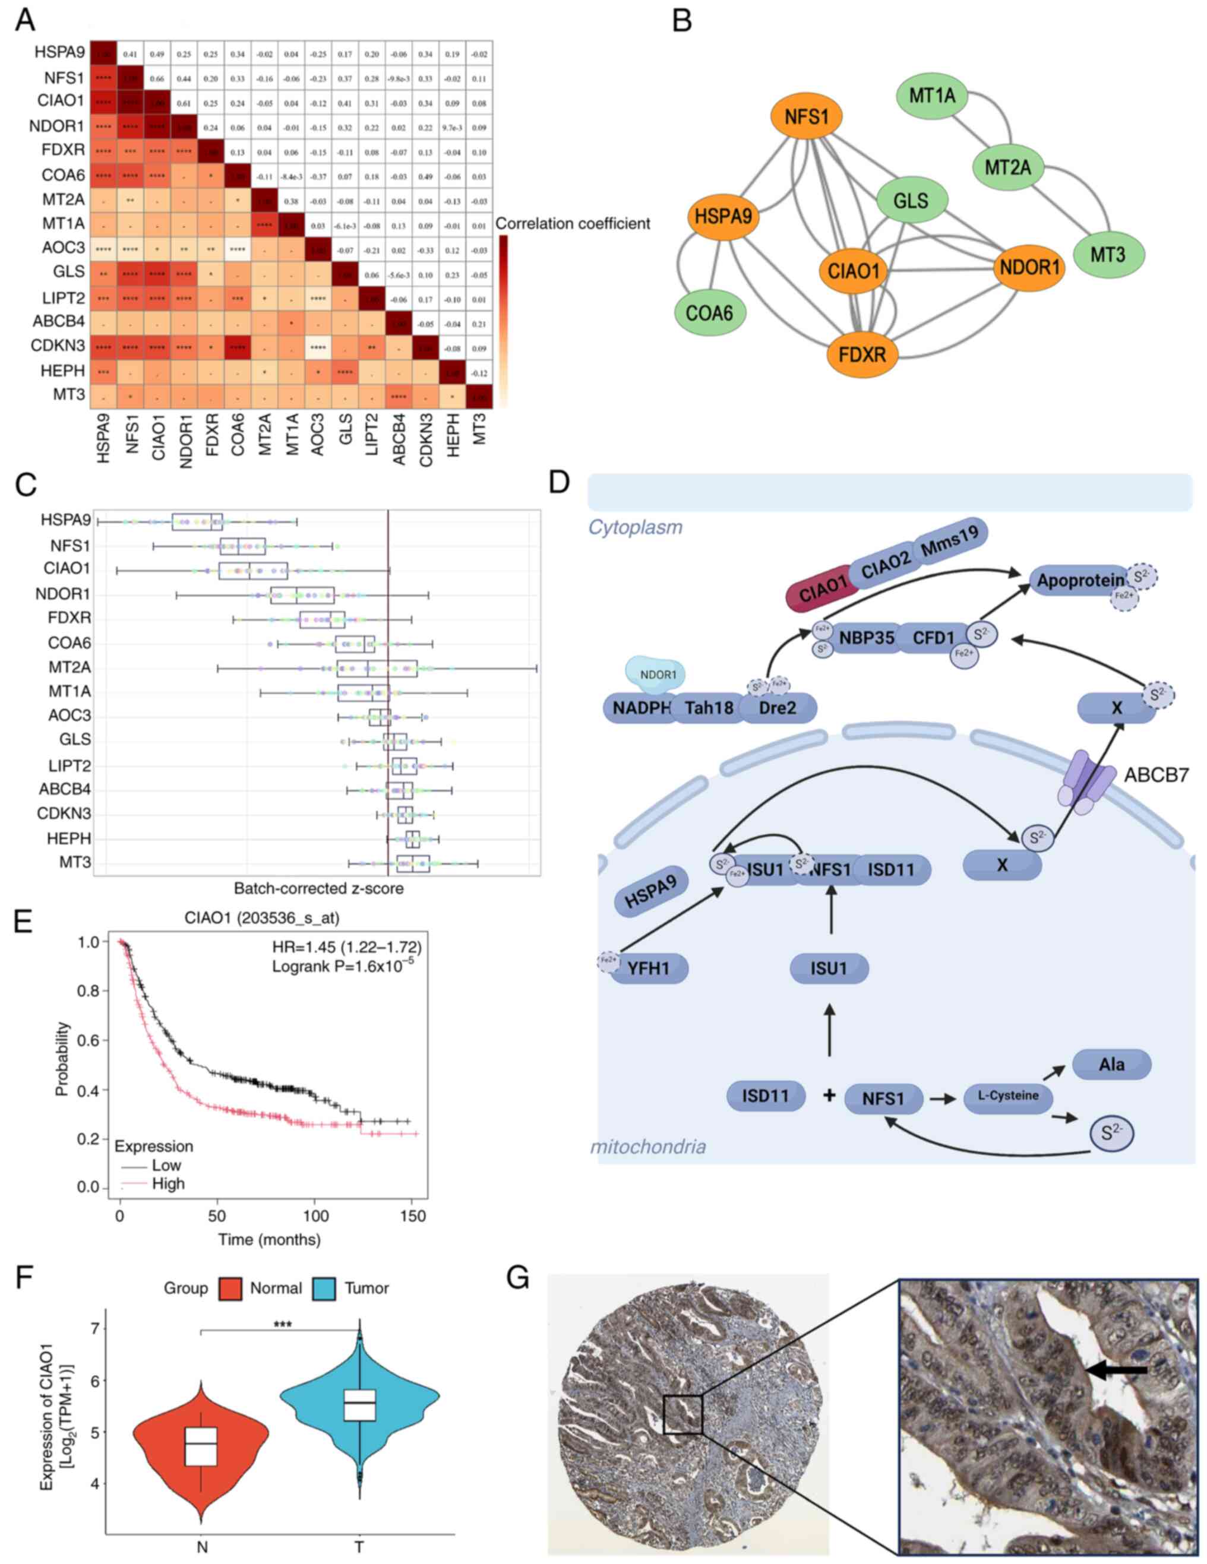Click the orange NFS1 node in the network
click(806, 116)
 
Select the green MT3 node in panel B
click(1107, 254)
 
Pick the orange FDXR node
click(862, 354)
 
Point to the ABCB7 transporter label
click(1156, 775)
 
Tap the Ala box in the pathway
click(1111, 1064)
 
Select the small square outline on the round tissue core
click(682, 1414)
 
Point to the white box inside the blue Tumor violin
click(359, 1404)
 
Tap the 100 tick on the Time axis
click(315, 1215)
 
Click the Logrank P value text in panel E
click(342, 967)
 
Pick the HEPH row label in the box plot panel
click(69, 838)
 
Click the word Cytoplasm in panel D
click(634, 528)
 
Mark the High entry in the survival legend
click(168, 1184)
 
